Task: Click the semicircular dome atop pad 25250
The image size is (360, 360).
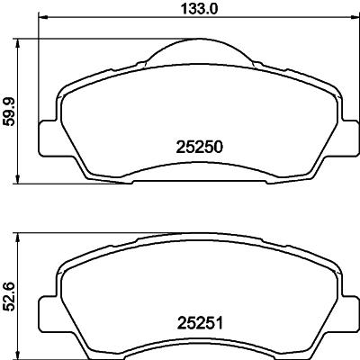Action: [x=195, y=55]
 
